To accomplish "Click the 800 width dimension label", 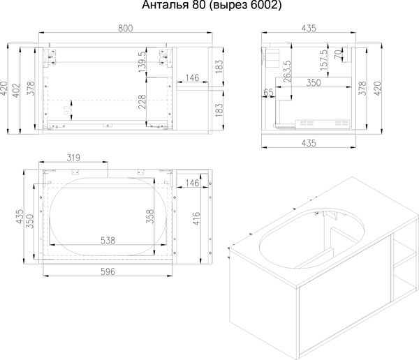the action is (x=125, y=29).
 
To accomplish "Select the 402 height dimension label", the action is (x=16, y=90).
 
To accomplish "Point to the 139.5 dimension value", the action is (x=142, y=61).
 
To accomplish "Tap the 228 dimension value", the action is (x=142, y=102).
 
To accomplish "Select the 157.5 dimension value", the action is (x=323, y=60).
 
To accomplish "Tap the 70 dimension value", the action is (x=338, y=54).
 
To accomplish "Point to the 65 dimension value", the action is (x=269, y=92).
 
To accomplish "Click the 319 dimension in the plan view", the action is (x=73, y=158).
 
